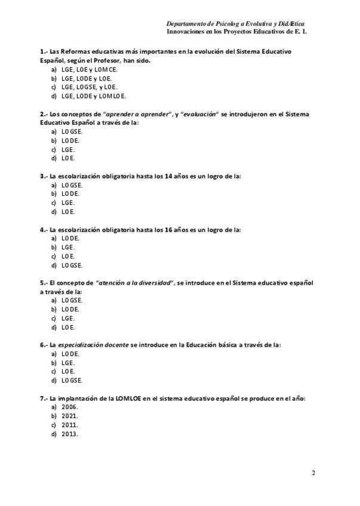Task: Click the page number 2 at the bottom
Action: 313,473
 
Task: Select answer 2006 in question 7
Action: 70,407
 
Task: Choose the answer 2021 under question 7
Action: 70,416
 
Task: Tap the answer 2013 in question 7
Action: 70,434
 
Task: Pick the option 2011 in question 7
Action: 70,425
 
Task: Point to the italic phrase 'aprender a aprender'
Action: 137,114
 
